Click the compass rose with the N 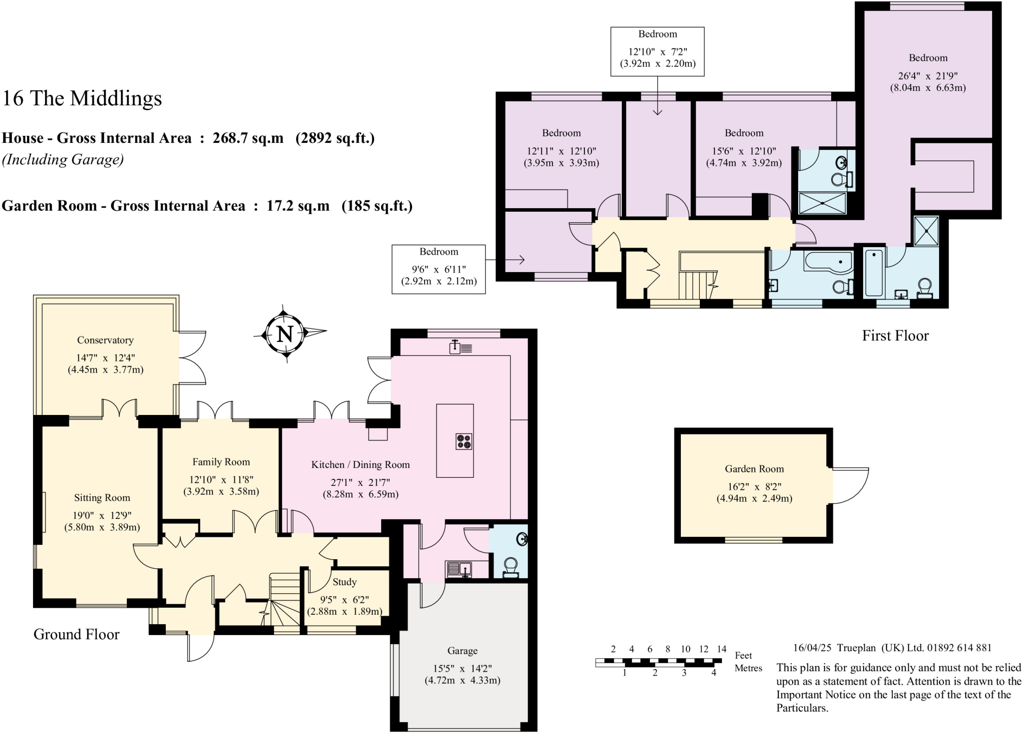point(285,333)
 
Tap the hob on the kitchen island point(464,441)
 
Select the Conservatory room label point(105,340)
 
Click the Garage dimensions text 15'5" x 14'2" point(463,668)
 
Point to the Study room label point(345,582)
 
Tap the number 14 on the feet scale point(721,649)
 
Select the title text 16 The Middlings point(82,98)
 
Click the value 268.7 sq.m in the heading point(248,138)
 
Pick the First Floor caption point(895,336)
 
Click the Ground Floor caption point(76,634)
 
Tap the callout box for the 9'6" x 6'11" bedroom point(439,269)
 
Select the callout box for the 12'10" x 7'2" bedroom point(657,51)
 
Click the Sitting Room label point(102,497)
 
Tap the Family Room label point(221,462)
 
